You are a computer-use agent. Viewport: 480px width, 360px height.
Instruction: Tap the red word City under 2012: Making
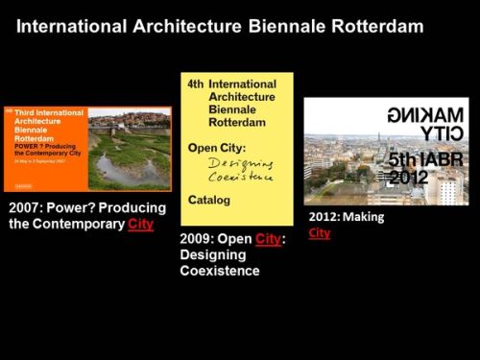pos(320,232)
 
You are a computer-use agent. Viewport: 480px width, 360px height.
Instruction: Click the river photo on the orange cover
pos(129,149)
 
